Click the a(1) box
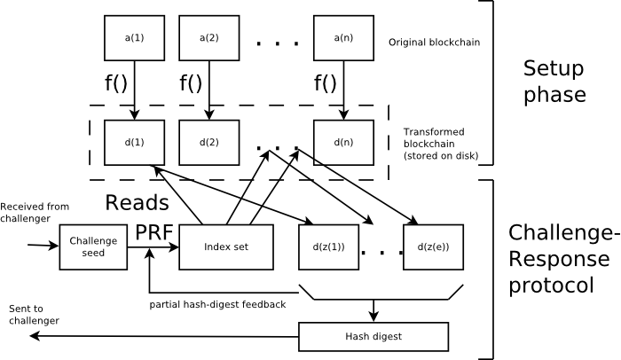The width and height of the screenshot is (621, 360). pyautogui.click(x=134, y=38)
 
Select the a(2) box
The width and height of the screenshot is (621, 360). pyautogui.click(x=208, y=38)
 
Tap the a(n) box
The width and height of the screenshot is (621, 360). pyautogui.click(x=343, y=38)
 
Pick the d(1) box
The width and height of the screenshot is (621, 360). pyautogui.click(x=134, y=141)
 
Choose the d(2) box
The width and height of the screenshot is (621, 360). pyautogui.click(x=208, y=141)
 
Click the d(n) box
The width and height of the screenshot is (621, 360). pyautogui.click(x=343, y=141)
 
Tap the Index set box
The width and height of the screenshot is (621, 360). pyautogui.click(x=225, y=245)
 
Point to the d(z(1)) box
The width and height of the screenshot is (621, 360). pyautogui.click(x=328, y=245)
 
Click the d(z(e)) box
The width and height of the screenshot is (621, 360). pyautogui.click(x=433, y=245)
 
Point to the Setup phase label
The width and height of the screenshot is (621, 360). pyautogui.click(x=554, y=82)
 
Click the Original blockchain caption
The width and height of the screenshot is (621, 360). pyautogui.click(x=435, y=42)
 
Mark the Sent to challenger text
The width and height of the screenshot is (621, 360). pyautogui.click(x=34, y=314)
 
